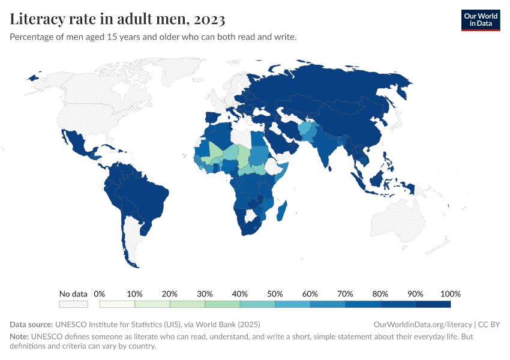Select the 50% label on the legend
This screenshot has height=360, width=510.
tap(275, 294)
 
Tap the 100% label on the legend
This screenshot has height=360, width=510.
tap(450, 294)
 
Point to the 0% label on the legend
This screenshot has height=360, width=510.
tap(100, 294)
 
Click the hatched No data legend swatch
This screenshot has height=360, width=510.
tap(73, 304)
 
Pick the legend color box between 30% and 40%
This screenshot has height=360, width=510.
tap(222, 304)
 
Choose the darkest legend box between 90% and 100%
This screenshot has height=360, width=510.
tap(433, 304)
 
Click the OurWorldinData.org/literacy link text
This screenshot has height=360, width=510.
tap(422, 324)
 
